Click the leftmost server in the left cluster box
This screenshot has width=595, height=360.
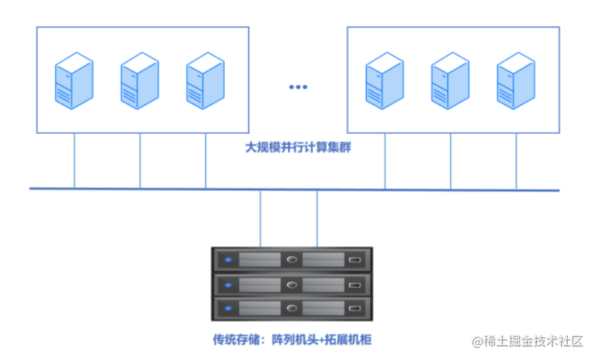click(74, 81)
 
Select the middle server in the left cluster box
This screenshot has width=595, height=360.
click(140, 81)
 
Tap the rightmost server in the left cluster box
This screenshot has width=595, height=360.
click(205, 81)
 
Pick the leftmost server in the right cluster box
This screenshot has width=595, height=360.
click(384, 81)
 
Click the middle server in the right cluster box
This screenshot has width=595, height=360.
click(450, 81)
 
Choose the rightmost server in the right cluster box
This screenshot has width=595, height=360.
click(516, 81)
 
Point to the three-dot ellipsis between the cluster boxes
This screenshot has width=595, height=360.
click(298, 87)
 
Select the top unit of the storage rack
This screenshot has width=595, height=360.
click(292, 259)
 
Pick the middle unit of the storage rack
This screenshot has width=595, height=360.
click(292, 284)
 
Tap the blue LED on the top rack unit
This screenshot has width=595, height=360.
click(228, 259)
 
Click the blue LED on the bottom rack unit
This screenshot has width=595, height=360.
click(228, 309)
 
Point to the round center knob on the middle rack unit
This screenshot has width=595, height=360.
click(292, 284)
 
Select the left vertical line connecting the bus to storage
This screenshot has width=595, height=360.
click(261, 218)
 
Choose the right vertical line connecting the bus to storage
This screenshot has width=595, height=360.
click(317, 218)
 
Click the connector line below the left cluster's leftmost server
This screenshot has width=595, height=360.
click(74, 161)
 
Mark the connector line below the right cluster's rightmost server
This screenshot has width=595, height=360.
click(516, 161)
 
